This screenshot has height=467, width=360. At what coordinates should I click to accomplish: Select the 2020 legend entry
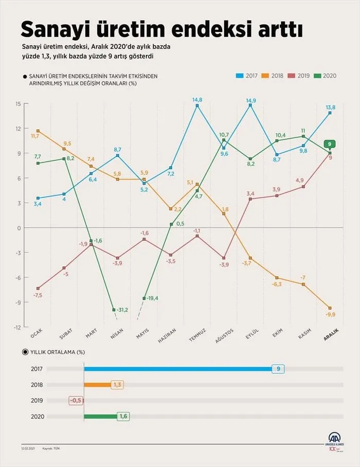pyautogui.click(x=326, y=76)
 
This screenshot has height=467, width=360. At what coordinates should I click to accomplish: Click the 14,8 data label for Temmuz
pyautogui.click(x=197, y=100)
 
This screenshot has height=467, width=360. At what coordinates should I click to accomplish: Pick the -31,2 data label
pyautogui.click(x=123, y=310)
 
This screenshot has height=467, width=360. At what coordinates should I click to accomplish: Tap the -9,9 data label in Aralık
pyautogui.click(x=331, y=314)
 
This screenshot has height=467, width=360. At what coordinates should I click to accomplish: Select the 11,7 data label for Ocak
pyautogui.click(x=35, y=136)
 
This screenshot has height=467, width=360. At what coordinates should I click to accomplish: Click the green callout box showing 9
pyautogui.click(x=330, y=144)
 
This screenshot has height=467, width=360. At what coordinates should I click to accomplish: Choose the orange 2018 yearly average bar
pyautogui.click(x=97, y=384)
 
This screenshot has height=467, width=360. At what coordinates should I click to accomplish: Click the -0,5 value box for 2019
pyautogui.click(x=76, y=401)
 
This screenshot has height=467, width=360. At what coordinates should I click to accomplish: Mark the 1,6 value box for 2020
pyautogui.click(x=123, y=417)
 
